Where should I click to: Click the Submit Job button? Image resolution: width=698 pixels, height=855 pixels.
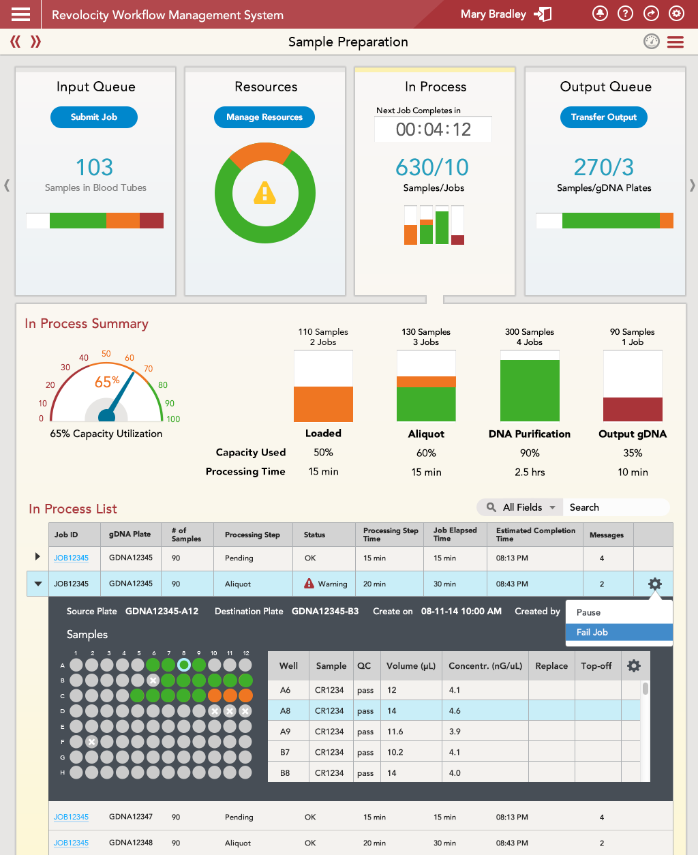[x=94, y=117]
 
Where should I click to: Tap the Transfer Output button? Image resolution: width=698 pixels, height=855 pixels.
[x=604, y=117]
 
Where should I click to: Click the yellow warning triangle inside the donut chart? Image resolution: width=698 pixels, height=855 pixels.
[x=264, y=194]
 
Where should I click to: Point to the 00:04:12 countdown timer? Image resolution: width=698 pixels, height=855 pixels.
[x=434, y=130]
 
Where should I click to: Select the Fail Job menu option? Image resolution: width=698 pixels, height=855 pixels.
[x=592, y=632]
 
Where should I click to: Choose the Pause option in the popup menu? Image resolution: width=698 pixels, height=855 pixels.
[x=589, y=612]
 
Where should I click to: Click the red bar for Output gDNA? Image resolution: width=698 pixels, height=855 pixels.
[x=633, y=409]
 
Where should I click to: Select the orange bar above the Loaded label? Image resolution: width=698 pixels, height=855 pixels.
[x=323, y=404]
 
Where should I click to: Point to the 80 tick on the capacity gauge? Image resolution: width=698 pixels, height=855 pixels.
[x=163, y=385]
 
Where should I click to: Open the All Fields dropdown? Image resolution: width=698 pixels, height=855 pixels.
[x=521, y=507]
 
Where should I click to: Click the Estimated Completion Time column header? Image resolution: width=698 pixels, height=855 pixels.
[x=536, y=535]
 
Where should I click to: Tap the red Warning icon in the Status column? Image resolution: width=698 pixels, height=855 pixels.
[x=309, y=584]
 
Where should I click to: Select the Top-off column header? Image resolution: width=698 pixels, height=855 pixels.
[x=596, y=665]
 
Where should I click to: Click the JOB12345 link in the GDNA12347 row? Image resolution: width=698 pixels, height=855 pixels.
[x=71, y=817]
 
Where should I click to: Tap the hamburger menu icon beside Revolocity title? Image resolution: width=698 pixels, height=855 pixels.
[x=21, y=14]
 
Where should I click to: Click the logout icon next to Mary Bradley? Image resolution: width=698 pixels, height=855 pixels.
[x=543, y=14]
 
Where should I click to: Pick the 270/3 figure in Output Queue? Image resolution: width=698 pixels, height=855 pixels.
[x=604, y=167]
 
